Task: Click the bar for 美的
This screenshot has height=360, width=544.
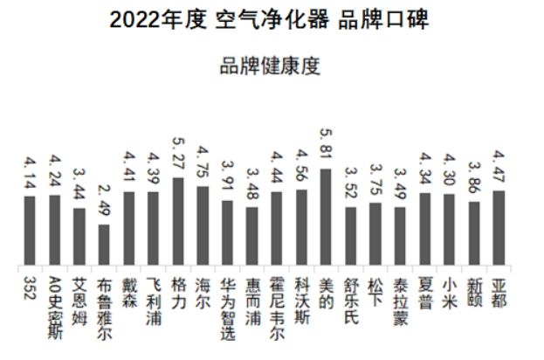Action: click(x=326, y=218)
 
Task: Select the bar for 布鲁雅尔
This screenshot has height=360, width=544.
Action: click(x=104, y=246)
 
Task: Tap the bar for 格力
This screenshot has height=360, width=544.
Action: click(x=177, y=222)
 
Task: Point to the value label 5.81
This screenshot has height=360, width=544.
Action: click(x=327, y=145)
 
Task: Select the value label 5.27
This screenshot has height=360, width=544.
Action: click(x=178, y=155)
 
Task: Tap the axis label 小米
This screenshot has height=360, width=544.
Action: click(x=450, y=287)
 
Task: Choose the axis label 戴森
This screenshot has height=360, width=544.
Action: click(x=128, y=287)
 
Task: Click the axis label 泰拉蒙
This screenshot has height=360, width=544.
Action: click(x=401, y=298)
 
